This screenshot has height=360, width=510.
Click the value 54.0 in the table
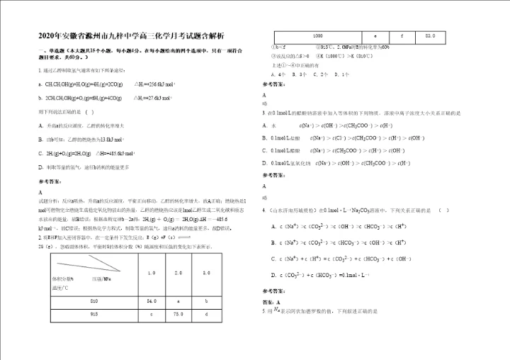pos(152,302)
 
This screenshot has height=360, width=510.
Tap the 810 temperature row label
pos(94,302)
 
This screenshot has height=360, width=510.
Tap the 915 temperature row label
pos(94,314)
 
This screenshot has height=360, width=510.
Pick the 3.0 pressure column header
pos(206,273)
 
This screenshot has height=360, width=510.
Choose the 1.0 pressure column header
pos(152,273)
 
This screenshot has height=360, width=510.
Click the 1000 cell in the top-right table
pos(317,35)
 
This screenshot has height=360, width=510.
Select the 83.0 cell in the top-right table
pos(430,35)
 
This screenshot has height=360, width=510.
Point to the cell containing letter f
pos(402,35)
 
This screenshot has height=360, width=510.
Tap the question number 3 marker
pos(263,113)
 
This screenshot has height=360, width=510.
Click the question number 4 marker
pos(263,210)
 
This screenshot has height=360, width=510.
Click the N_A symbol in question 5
pos(277,310)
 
